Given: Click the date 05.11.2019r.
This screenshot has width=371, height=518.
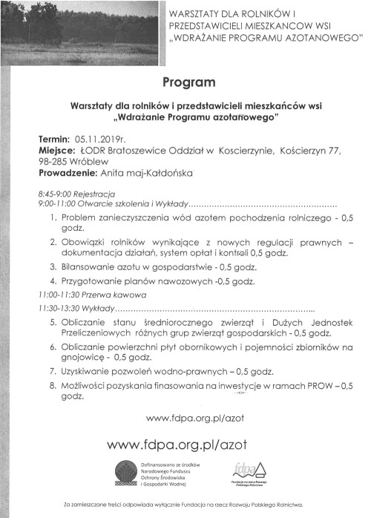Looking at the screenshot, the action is pos(102,139).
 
